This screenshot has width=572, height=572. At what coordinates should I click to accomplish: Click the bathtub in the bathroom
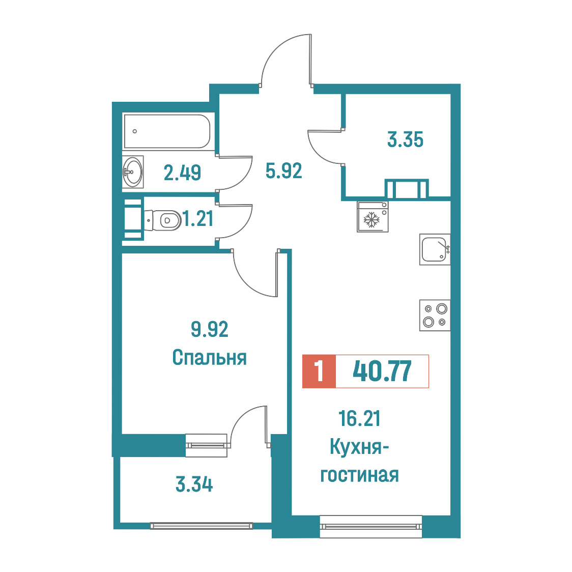[167, 131]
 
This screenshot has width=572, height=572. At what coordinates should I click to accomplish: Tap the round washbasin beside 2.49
[132, 171]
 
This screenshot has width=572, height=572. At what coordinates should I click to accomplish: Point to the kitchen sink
[435, 249]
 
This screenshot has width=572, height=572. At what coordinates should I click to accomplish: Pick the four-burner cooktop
[435, 315]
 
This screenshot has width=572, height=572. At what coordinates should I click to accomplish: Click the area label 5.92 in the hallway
[284, 170]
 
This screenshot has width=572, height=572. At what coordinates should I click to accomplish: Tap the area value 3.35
[405, 139]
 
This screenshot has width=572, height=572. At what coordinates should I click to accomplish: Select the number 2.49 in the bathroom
[182, 173]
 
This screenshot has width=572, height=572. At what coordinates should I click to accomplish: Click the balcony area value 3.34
[194, 484]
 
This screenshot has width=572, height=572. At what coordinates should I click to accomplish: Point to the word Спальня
[209, 357]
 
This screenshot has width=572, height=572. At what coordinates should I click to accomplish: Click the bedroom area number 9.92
[209, 329]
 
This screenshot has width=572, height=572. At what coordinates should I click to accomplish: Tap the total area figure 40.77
[382, 371]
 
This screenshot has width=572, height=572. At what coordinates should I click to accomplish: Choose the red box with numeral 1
[319, 371]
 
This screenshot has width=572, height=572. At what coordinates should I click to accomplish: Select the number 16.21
[359, 418]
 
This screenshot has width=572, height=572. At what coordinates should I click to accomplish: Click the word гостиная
[359, 475]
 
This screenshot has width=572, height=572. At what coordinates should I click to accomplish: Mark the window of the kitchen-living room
[370, 526]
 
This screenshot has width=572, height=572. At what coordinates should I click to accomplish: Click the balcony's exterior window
[201, 526]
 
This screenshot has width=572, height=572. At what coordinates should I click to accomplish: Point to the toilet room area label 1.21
[198, 219]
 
